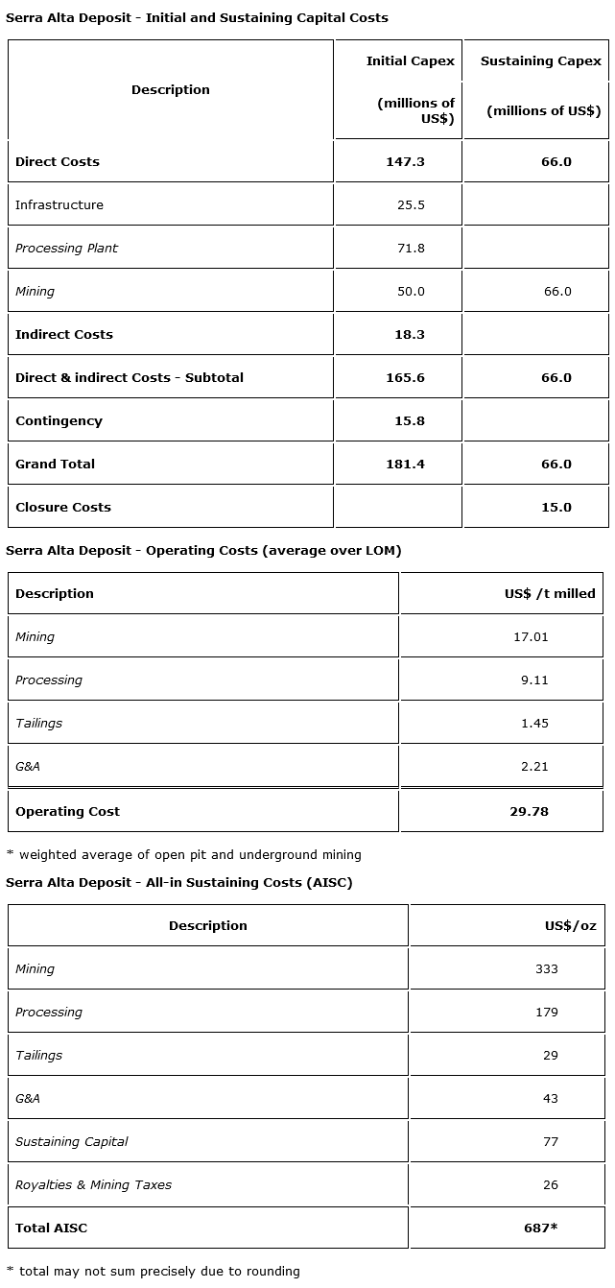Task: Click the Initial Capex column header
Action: (410, 61)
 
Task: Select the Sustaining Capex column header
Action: (541, 61)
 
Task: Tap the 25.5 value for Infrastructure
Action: (411, 204)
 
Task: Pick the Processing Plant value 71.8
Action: (411, 248)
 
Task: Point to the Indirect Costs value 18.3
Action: (405, 334)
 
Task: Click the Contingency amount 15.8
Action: (405, 420)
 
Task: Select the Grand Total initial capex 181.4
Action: (405, 464)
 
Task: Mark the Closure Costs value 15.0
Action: (556, 507)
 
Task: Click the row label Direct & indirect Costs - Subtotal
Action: (130, 377)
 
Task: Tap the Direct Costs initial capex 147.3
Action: (405, 161)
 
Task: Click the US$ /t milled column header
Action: (550, 593)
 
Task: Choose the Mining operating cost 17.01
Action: (531, 636)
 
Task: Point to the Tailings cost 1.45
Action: (534, 723)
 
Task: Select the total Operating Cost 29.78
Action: (529, 811)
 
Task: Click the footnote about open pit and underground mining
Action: (184, 854)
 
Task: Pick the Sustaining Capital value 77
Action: (550, 1141)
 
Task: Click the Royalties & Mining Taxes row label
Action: (93, 1184)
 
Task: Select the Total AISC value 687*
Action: (541, 1228)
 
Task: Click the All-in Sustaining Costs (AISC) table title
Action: (179, 882)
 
